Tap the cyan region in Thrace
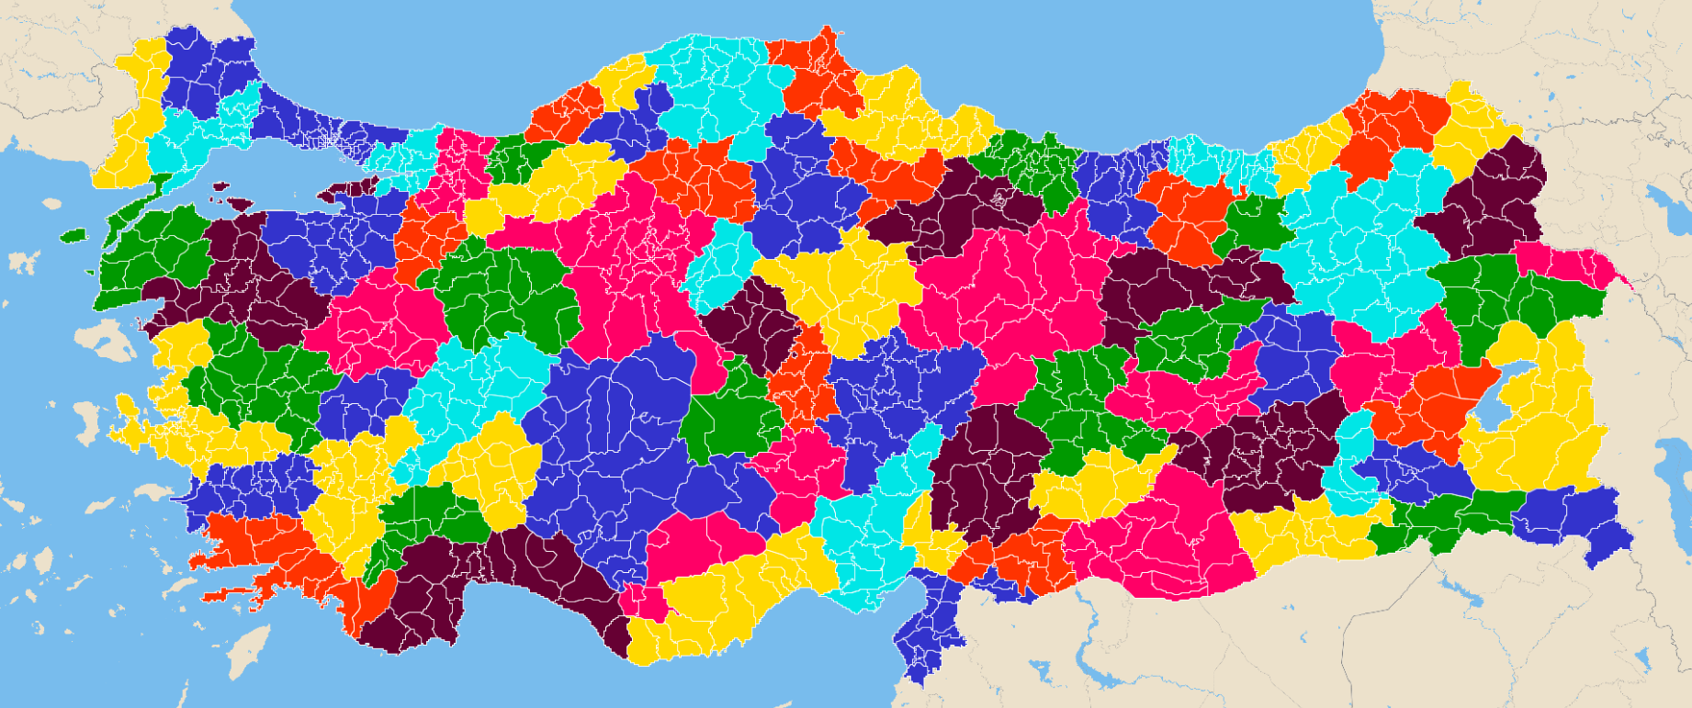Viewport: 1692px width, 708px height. tap(197, 138)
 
